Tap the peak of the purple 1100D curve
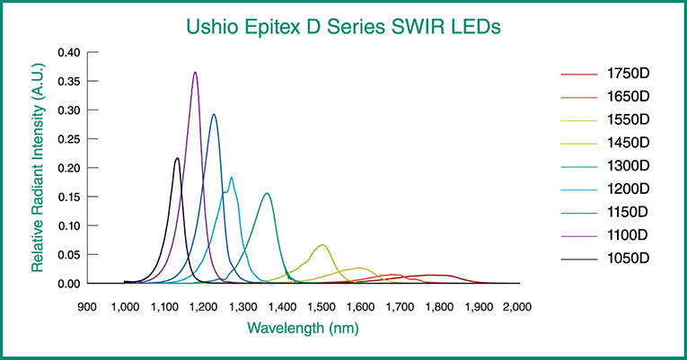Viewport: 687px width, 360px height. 195,73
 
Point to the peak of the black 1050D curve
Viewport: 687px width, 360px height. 177,159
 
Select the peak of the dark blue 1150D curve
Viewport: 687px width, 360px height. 214,115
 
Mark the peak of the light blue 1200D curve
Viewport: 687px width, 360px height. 232,178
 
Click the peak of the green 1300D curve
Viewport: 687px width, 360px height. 266,194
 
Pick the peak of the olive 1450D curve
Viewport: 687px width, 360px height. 322,245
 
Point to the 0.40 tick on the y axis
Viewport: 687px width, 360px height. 69,53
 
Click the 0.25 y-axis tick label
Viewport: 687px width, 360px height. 69,139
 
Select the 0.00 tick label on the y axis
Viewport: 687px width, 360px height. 69,284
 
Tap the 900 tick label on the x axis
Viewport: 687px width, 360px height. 86,307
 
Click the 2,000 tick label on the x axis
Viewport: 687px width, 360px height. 516,307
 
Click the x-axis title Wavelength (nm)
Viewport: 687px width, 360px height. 302,329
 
